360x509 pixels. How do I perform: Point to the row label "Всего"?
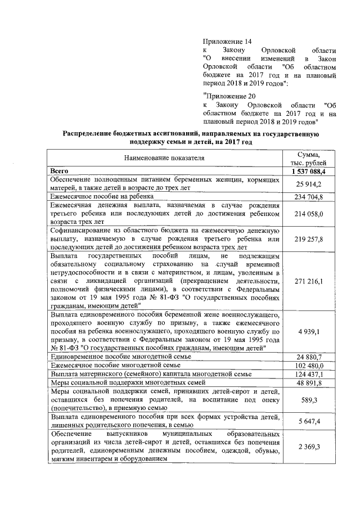(59, 170)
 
